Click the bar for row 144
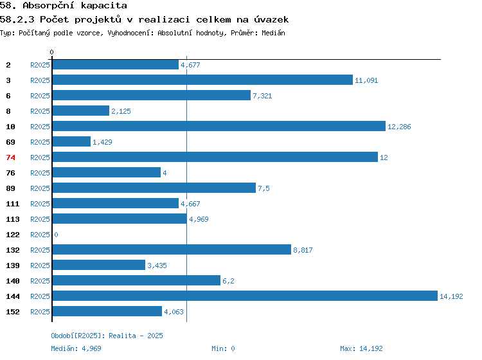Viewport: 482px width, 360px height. click(245, 296)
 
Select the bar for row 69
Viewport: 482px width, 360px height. click(71, 141)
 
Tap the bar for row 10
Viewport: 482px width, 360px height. click(219, 126)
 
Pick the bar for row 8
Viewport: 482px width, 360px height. click(81, 111)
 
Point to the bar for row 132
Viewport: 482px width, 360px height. click(172, 249)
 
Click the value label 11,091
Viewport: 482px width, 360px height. click(366, 80)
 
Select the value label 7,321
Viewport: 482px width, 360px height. click(262, 96)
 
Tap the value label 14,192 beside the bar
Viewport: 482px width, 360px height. click(451, 296)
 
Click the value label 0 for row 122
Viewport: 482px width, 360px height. click(56, 235)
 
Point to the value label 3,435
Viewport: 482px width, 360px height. click(157, 265)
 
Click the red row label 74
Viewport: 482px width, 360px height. click(10, 157)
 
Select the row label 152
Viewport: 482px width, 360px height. click(13, 312)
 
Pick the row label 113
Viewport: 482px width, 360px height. click(13, 219)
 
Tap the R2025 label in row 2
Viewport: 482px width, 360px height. click(40, 65)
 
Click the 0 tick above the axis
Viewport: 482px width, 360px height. click(51, 52)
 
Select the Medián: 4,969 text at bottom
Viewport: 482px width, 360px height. click(76, 348)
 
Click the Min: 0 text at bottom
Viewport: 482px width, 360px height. click(223, 348)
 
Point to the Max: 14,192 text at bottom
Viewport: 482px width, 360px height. click(361, 348)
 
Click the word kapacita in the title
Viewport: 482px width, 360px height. click(104, 6)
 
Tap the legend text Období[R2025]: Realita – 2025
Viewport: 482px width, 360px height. click(107, 336)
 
